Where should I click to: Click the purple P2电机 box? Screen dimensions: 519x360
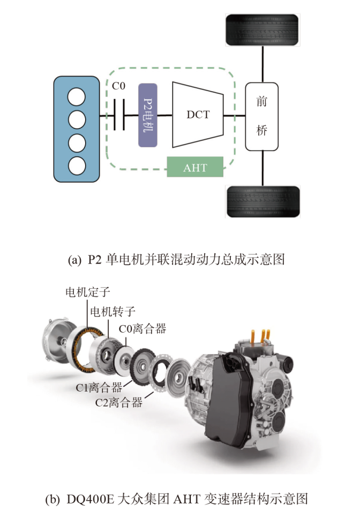148,115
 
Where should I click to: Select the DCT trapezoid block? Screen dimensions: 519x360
198,115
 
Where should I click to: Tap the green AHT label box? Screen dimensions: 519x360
194,167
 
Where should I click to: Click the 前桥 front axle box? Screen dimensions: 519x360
261,116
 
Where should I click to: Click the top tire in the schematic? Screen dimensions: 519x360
262,31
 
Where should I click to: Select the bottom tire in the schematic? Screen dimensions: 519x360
262,201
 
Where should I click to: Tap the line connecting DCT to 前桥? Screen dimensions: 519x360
235,115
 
